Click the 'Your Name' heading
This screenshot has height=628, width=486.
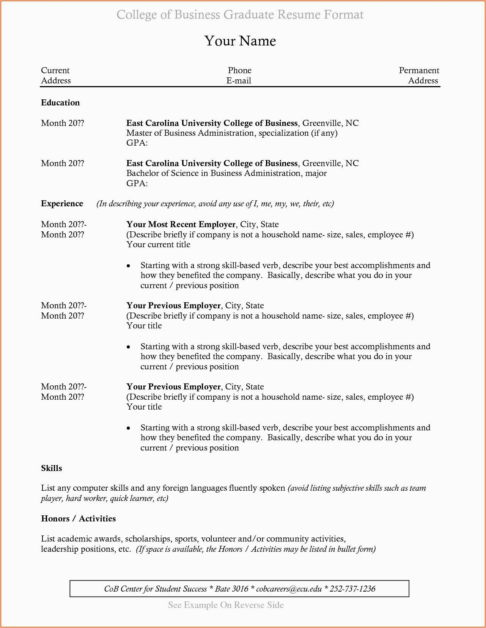[240, 41]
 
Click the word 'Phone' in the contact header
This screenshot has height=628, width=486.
[239, 71]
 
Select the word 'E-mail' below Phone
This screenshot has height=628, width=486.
[239, 81]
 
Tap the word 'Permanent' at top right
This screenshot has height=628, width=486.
[419, 71]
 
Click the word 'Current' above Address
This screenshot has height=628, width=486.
[55, 71]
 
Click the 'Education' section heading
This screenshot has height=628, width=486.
[60, 103]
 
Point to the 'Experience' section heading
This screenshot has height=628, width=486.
[62, 204]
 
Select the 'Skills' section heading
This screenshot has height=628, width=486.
[51, 468]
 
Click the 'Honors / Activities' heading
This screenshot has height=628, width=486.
[78, 519]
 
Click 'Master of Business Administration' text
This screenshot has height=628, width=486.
[190, 133]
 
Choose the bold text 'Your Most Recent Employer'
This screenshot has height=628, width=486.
[181, 225]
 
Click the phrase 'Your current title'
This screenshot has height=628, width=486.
[158, 245]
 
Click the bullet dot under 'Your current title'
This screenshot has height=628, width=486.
[129, 266]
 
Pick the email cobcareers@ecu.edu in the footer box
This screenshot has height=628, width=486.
[289, 589]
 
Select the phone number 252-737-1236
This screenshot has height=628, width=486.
[352, 589]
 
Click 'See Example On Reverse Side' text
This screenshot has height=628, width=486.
[226, 605]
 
